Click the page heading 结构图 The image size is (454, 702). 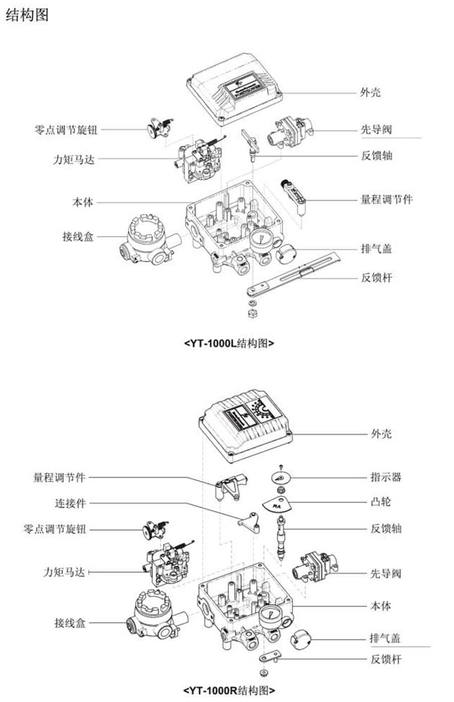click(27, 15)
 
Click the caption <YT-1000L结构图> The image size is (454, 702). click(230, 344)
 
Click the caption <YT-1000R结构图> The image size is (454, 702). click(230, 690)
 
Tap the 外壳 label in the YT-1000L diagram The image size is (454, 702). click(370, 93)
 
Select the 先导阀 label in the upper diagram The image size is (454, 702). click(376, 130)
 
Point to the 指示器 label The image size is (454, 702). click(386, 477)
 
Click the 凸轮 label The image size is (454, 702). click(381, 502)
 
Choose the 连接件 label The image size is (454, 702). click(70, 503)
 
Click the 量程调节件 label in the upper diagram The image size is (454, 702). click(386, 200)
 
